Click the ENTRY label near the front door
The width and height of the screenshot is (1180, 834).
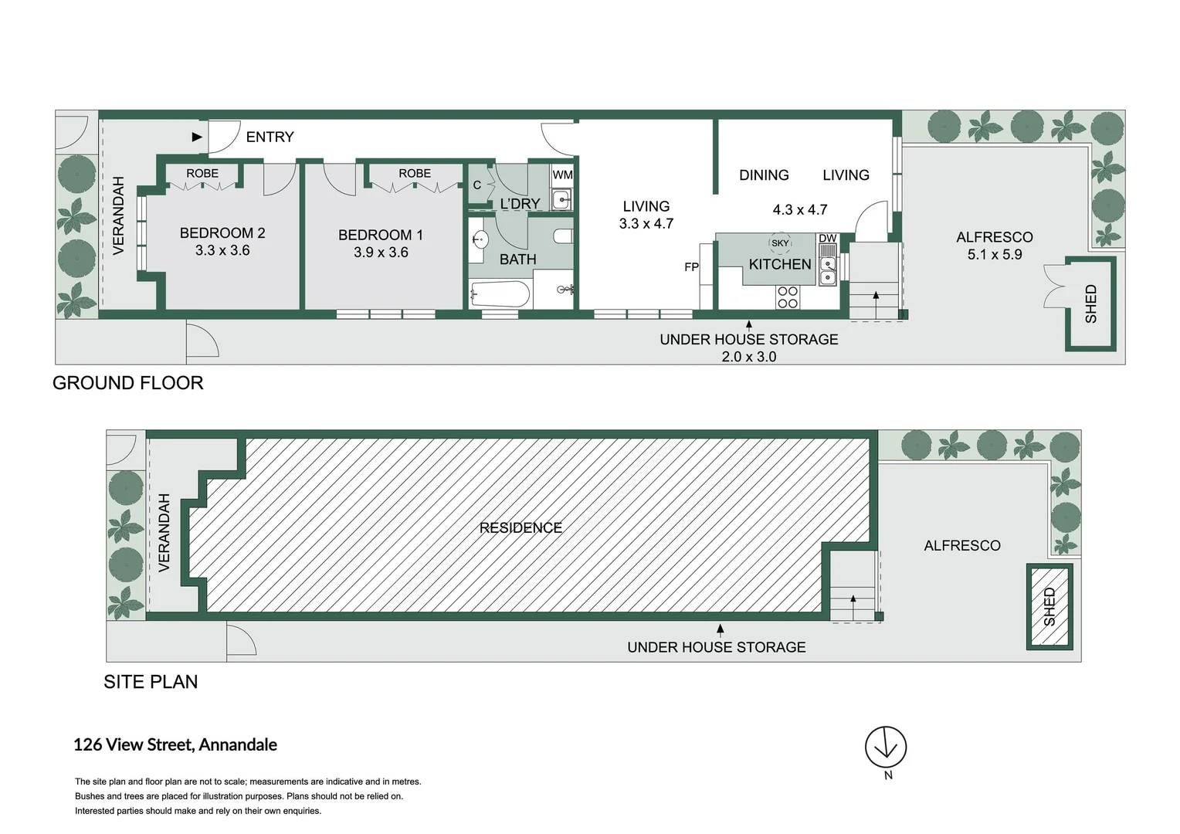click(x=270, y=137)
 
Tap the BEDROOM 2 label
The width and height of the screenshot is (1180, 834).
click(x=222, y=232)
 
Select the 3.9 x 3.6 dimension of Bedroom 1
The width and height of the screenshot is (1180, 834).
click(x=381, y=253)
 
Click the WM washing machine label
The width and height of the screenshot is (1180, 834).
click(x=562, y=175)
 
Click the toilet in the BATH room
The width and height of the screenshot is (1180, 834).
click(x=562, y=236)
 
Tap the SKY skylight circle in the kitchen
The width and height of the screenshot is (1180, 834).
click(x=780, y=243)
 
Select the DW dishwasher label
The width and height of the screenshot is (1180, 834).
click(x=827, y=239)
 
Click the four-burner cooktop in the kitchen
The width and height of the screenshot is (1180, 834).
click(x=788, y=297)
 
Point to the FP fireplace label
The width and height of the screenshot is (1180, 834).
click(x=691, y=267)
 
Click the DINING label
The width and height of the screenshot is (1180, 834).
click(x=764, y=175)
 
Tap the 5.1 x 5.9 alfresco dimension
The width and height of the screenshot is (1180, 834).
click(x=995, y=254)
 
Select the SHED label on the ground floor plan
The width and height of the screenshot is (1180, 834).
click(x=1090, y=303)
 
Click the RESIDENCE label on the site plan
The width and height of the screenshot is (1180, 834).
click(x=520, y=528)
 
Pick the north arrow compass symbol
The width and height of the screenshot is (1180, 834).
click(x=886, y=747)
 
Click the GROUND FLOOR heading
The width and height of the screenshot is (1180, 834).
click(x=128, y=383)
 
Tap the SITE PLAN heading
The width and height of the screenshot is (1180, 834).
click(x=151, y=682)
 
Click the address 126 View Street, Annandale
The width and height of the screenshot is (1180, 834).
click(x=175, y=745)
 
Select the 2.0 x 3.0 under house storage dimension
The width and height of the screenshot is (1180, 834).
click(x=748, y=357)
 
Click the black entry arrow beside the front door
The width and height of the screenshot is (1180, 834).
click(x=197, y=137)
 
